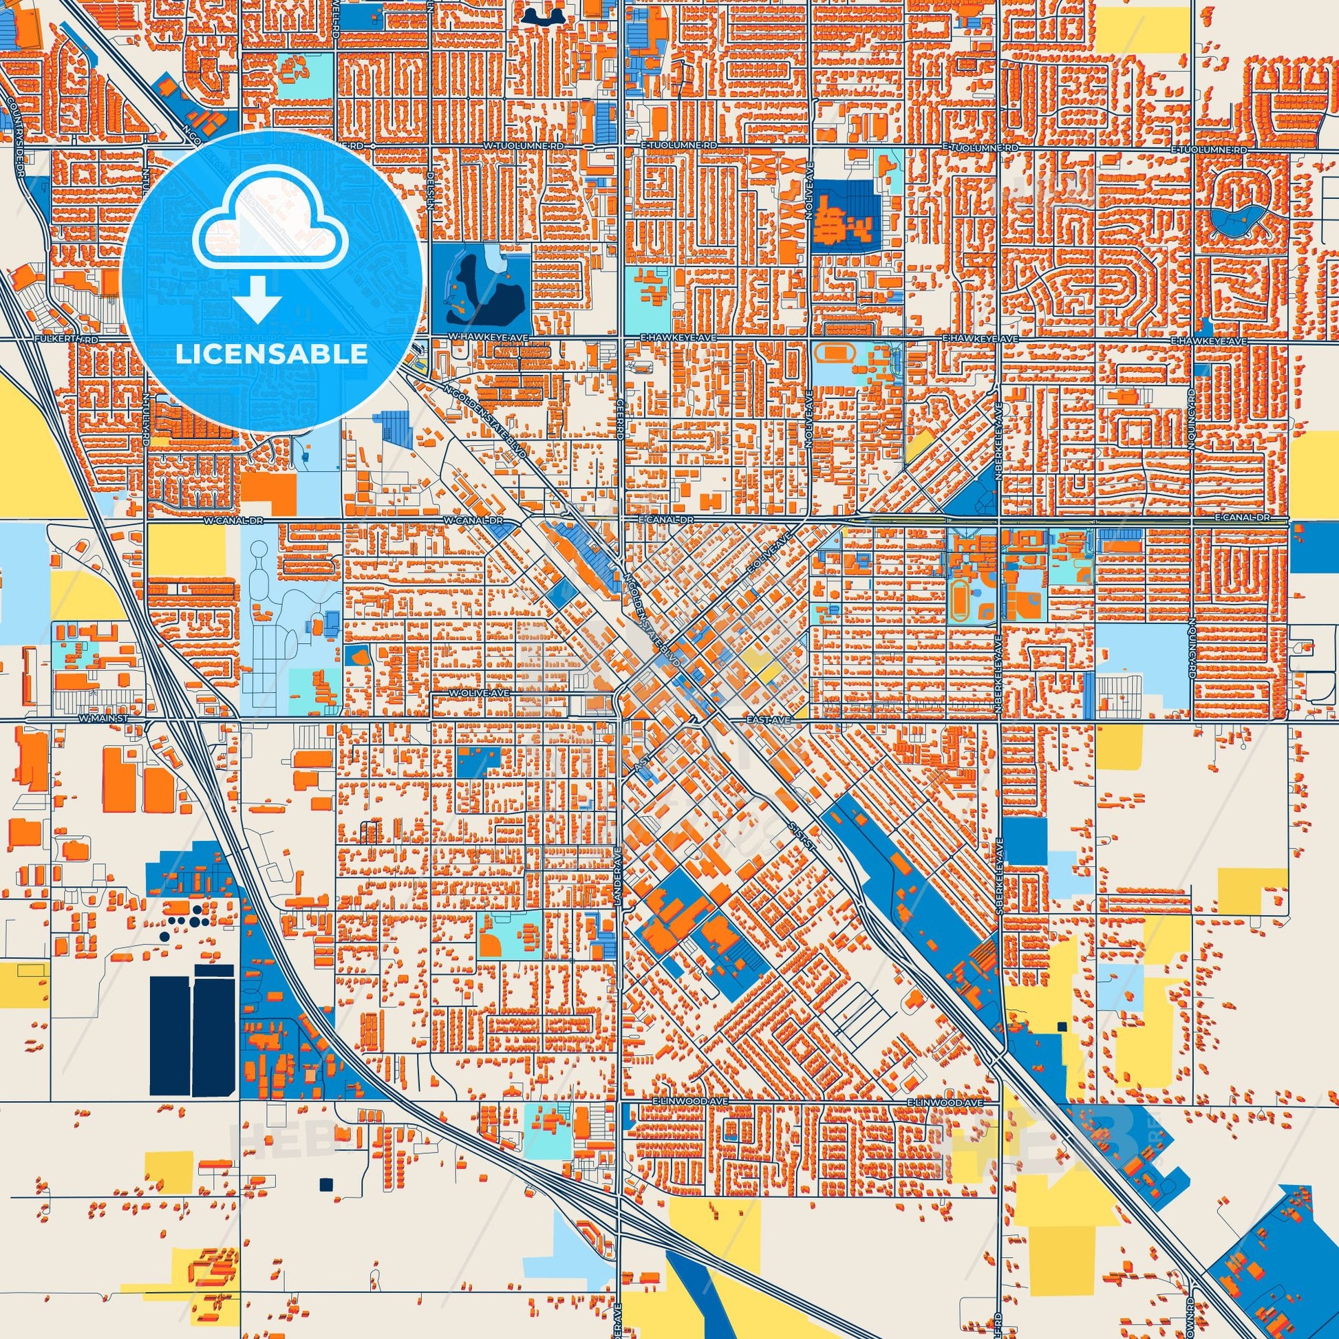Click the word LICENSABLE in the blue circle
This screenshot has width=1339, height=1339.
(271, 354)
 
